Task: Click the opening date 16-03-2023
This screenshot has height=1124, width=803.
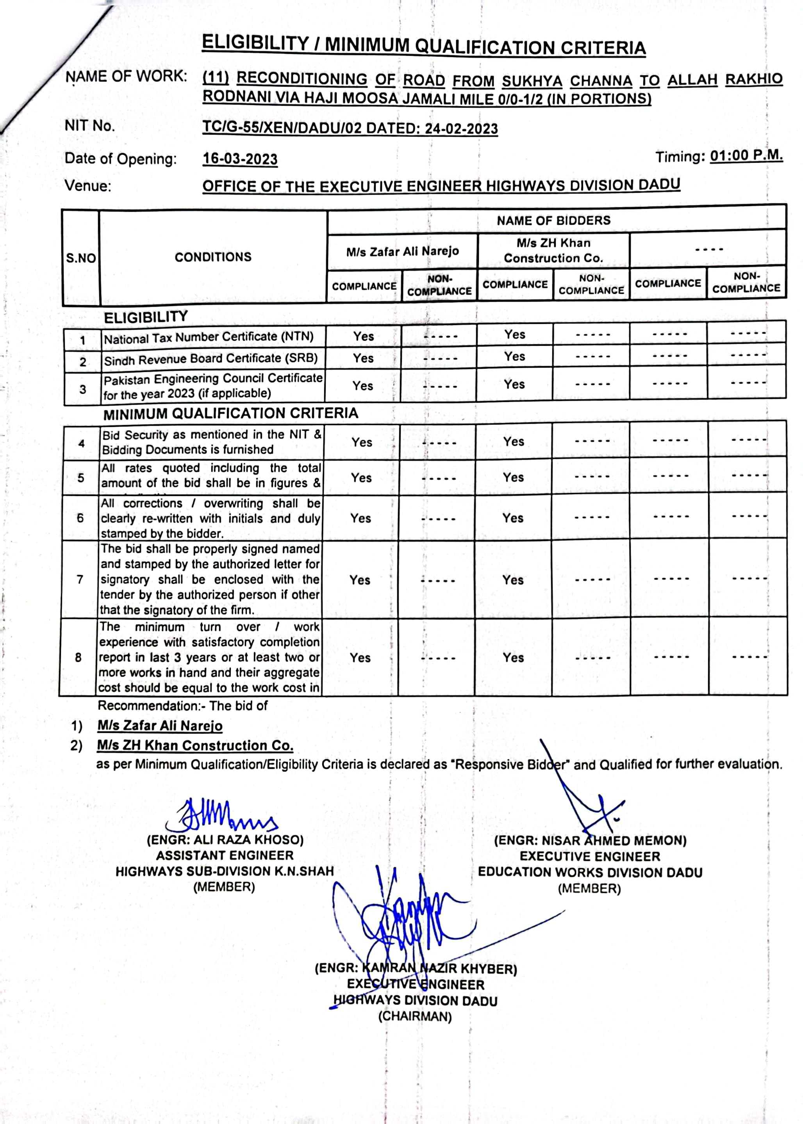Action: pos(240,159)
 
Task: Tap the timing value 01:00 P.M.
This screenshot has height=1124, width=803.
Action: pos(746,156)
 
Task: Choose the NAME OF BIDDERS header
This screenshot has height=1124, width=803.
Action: pos(553,221)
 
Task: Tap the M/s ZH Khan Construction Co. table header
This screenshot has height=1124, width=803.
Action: pos(553,251)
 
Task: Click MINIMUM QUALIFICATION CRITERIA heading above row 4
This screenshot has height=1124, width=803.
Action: pos(230,413)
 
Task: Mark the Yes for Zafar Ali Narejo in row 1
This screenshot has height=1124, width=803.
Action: pos(364,336)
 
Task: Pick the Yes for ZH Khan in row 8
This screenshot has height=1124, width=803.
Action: pos(513,658)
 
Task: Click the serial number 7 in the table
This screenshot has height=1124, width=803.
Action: pos(80,579)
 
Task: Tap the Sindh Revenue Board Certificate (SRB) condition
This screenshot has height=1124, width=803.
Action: pos(211,359)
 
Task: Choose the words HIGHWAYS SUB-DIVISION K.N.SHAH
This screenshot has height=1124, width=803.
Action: pos(225,871)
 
